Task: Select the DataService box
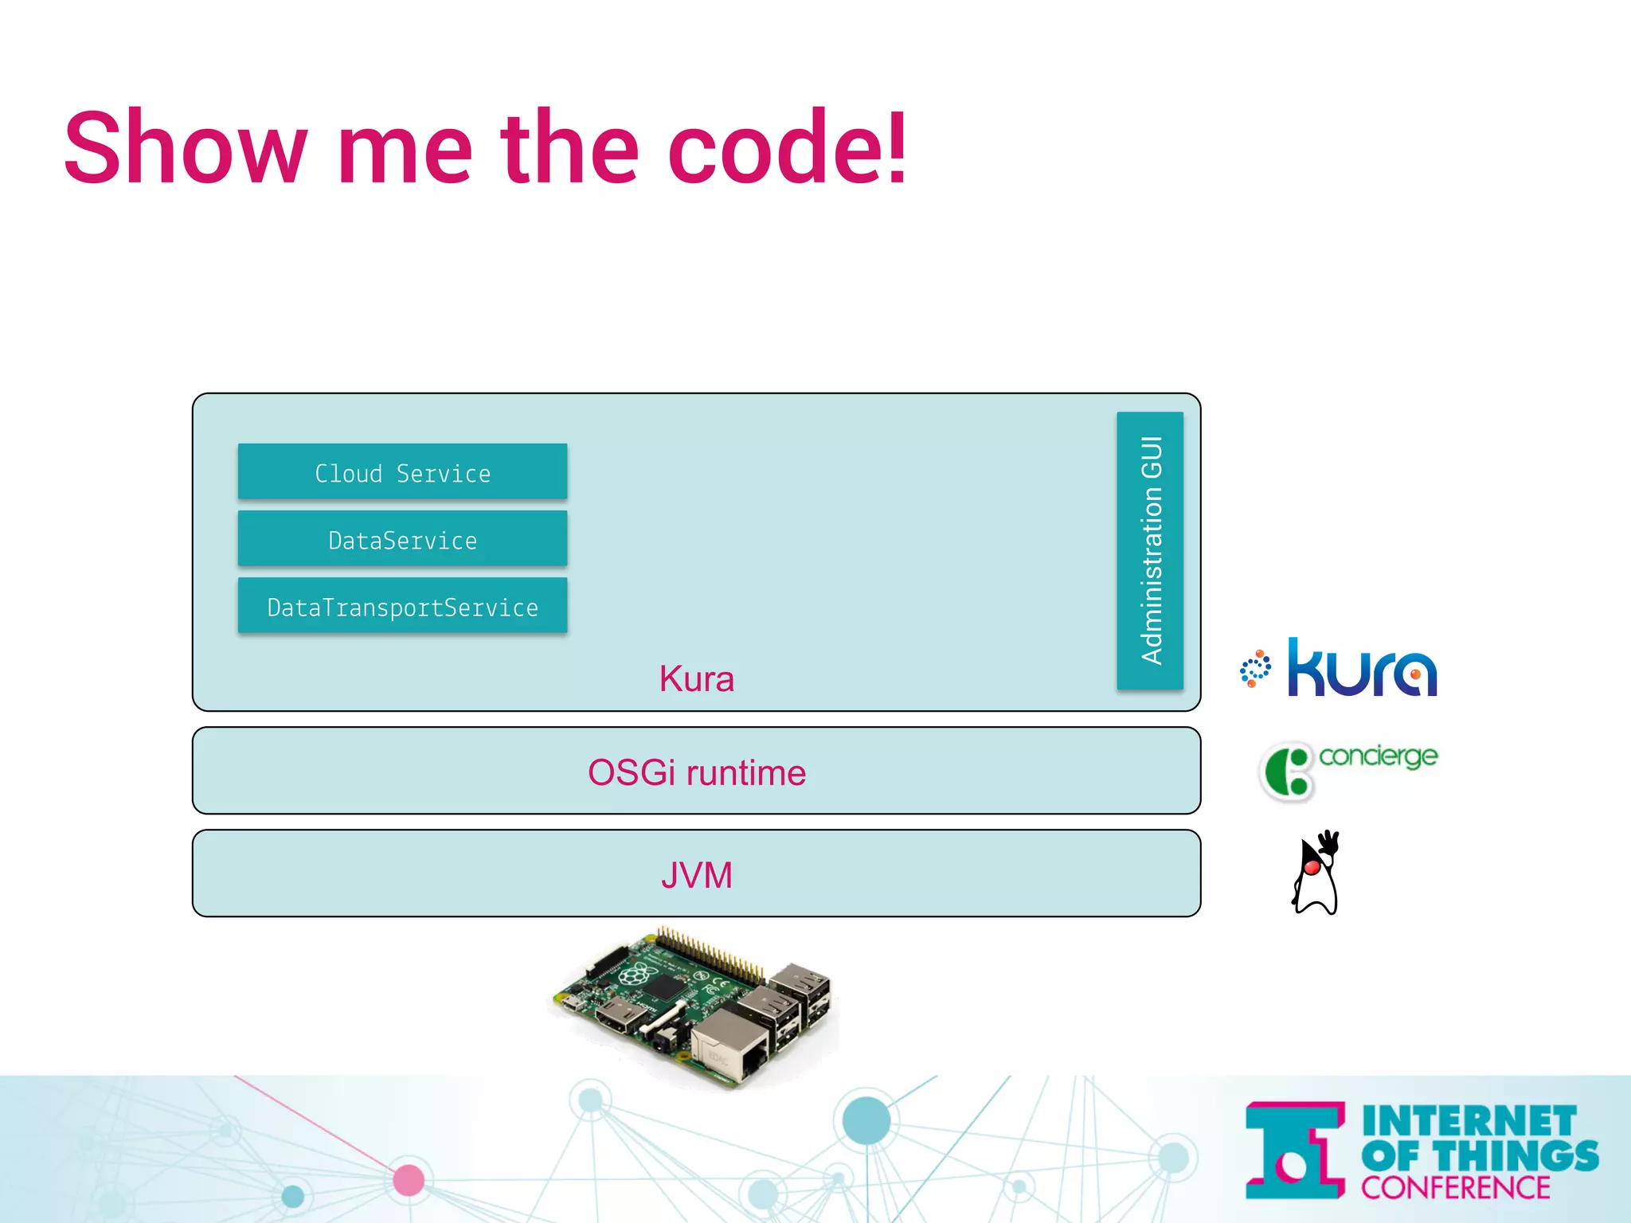(402, 539)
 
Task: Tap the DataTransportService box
(402, 606)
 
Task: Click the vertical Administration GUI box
(1150, 550)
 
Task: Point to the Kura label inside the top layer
(696, 679)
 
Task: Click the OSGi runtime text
(696, 772)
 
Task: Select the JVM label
(696, 875)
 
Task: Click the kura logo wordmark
(1363, 669)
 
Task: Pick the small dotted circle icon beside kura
(1255, 669)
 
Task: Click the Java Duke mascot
(1316, 873)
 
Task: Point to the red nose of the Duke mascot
(1311, 867)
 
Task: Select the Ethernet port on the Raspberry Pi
(729, 1048)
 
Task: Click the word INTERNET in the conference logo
(1469, 1122)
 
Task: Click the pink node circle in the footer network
(409, 1180)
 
